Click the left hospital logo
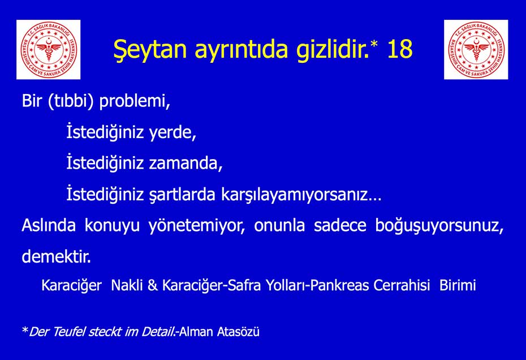48,50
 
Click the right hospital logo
476,50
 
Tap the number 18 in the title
399,49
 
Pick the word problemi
135,101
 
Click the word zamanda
186,164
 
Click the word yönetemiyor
197,226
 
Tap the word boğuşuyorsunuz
439,226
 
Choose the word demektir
57,256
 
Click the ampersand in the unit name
153,285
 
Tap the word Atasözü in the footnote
238,332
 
